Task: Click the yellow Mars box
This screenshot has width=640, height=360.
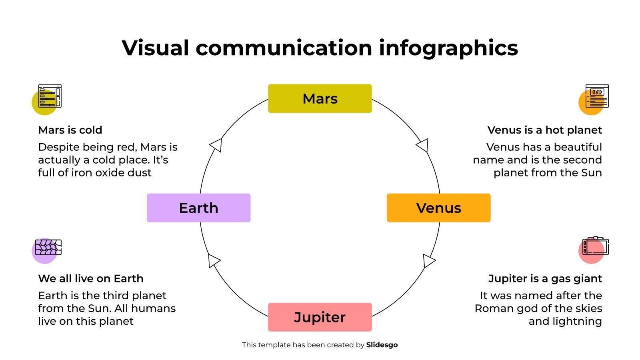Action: click(x=320, y=98)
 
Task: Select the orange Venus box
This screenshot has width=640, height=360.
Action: click(x=438, y=208)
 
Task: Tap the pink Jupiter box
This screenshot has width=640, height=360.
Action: click(x=320, y=317)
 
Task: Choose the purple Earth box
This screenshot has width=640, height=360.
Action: click(x=198, y=208)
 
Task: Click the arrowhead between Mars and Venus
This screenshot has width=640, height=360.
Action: click(x=423, y=145)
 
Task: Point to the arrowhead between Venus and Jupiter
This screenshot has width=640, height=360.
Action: click(x=428, y=260)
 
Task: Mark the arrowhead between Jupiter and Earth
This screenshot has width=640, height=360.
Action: click(x=214, y=260)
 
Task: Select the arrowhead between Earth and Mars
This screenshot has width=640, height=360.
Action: click(x=216, y=145)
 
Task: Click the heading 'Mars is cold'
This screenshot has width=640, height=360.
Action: click(x=70, y=130)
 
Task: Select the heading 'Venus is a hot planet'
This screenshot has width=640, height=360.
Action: click(x=544, y=130)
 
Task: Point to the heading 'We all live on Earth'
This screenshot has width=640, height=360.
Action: click(x=90, y=278)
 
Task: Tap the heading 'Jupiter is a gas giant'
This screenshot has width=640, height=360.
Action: click(x=545, y=278)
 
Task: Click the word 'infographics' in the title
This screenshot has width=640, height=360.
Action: click(x=448, y=48)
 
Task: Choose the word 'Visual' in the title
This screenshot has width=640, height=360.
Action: click(x=155, y=48)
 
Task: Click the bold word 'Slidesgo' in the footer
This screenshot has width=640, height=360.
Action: click(x=382, y=345)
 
